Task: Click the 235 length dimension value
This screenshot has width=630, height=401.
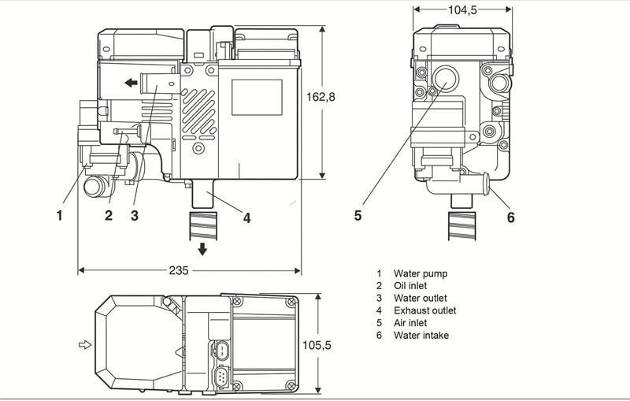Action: pos(179,270)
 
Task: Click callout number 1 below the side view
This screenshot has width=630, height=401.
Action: pos(59,213)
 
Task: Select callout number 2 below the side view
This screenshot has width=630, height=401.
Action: pos(109,214)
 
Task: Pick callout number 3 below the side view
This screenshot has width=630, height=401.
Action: pos(134,214)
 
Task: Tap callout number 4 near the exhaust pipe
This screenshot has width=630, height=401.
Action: pos(246,218)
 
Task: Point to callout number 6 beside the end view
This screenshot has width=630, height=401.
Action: pos(510,217)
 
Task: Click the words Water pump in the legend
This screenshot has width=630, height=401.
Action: pos(421,273)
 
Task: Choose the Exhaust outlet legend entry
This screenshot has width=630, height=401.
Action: pos(424,310)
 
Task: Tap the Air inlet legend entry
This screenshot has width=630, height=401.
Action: pos(411,323)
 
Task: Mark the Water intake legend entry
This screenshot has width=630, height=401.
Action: pos(421,336)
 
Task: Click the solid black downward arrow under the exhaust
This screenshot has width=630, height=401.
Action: pos(203,250)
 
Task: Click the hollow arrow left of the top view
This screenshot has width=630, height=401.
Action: pos(85,344)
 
